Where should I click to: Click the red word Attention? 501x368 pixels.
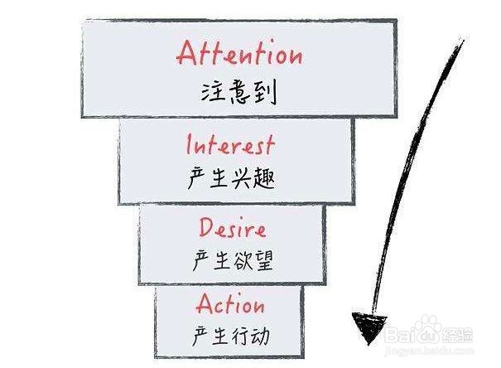coord(239,53)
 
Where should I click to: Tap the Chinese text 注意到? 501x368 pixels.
coord(238,92)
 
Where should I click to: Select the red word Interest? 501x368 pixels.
coord(230,145)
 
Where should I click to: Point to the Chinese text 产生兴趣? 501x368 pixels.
coord(231,177)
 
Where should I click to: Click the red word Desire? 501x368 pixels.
coord(233,228)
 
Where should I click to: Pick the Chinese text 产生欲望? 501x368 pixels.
coord(233,260)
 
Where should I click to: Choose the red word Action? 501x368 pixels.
coord(230,304)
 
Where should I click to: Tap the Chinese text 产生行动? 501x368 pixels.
coord(231,336)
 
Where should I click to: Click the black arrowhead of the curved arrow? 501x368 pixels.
coord(369,326)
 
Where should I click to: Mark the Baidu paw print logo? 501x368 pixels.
coord(429,327)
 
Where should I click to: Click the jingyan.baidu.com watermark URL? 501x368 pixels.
coord(430,351)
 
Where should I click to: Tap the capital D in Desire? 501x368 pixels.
coord(207,227)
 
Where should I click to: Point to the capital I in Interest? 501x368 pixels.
coord(189,144)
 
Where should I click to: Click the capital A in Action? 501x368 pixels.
coord(205,303)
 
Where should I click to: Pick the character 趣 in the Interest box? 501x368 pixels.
coord(264,178)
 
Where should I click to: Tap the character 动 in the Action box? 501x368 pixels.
coord(259,336)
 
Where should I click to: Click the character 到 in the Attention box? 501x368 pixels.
coord(265,93)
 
